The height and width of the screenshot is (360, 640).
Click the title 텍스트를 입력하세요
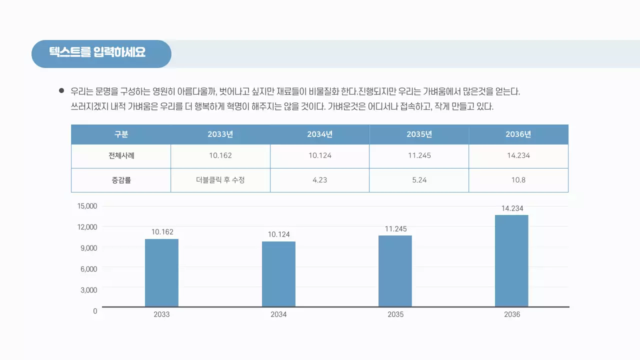pos(97,52)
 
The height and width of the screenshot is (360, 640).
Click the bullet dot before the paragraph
pos(61,91)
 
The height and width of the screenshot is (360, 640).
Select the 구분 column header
pos(121,134)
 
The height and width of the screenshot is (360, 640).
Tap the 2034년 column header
pos(320,134)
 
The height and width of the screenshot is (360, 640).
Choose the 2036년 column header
pos(518,134)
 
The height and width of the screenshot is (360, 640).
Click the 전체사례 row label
pos(121,155)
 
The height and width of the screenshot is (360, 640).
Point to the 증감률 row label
pos(121,180)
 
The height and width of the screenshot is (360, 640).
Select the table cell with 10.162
pos(220,155)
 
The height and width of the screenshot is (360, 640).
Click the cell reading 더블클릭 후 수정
pos(220,180)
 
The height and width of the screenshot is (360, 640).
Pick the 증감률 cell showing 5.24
pos(419,180)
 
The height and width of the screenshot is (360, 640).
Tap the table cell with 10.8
pos(518,180)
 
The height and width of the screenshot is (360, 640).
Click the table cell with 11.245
pos(419,155)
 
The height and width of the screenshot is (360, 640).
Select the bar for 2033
pos(161,272)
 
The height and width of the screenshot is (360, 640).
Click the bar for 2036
pos(511,260)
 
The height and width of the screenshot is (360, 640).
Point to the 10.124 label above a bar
pos(278,234)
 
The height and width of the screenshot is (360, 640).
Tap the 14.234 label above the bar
pos(512,208)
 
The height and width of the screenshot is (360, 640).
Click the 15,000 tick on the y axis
pos(87,206)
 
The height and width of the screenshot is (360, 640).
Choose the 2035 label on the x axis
pos(395,314)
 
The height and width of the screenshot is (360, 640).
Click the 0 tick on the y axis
pos(95,311)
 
